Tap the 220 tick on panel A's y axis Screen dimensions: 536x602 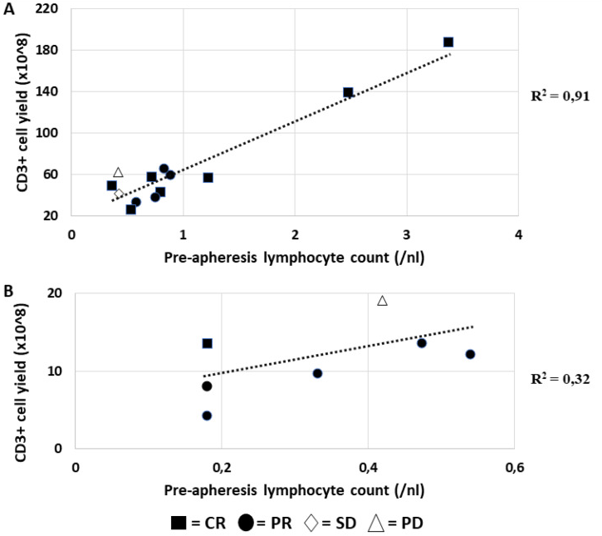[x=49, y=8]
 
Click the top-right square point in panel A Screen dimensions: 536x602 [x=448, y=42]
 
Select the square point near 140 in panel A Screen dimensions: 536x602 [x=348, y=92]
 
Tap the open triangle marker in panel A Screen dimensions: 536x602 [x=118, y=172]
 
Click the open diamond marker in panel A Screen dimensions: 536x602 [x=118, y=194]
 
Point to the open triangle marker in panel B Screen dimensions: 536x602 [x=383, y=300]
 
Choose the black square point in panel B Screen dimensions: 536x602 [x=207, y=343]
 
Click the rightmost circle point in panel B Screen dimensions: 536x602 [x=470, y=354]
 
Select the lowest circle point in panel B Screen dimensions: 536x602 [x=207, y=416]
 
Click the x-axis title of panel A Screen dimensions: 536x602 [x=295, y=258]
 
